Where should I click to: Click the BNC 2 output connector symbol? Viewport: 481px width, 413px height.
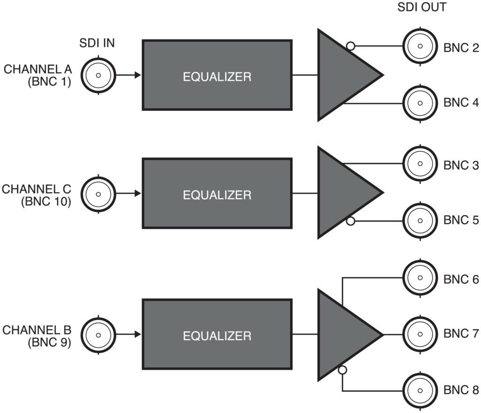[x=420, y=46]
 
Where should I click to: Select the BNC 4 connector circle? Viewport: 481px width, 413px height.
[x=420, y=103]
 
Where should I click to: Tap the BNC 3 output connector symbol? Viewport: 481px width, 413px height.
[x=420, y=164]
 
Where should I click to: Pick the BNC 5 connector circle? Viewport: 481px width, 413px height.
[x=420, y=220]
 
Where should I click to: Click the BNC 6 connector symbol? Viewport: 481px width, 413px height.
[x=420, y=278]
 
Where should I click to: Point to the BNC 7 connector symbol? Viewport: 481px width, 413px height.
[x=420, y=335]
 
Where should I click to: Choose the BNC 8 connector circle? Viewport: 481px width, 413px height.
[x=420, y=391]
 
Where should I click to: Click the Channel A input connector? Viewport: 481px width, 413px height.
[x=98, y=75]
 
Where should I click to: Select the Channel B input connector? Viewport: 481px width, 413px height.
[x=98, y=335]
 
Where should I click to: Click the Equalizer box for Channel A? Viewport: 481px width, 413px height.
[x=217, y=75]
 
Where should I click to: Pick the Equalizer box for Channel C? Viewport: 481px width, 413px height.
[x=217, y=194]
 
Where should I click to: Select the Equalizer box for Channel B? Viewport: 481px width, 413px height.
[x=217, y=335]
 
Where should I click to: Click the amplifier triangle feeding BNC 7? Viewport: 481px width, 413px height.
[x=343, y=335]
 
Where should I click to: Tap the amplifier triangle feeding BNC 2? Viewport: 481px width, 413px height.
[x=343, y=75]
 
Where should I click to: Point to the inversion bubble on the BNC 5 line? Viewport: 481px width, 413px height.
[x=349, y=220]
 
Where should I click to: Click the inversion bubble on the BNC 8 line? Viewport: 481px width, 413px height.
[x=342, y=370]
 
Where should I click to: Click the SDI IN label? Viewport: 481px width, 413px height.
[x=96, y=44]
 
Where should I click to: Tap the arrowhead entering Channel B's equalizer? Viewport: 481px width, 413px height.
[x=138, y=335]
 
